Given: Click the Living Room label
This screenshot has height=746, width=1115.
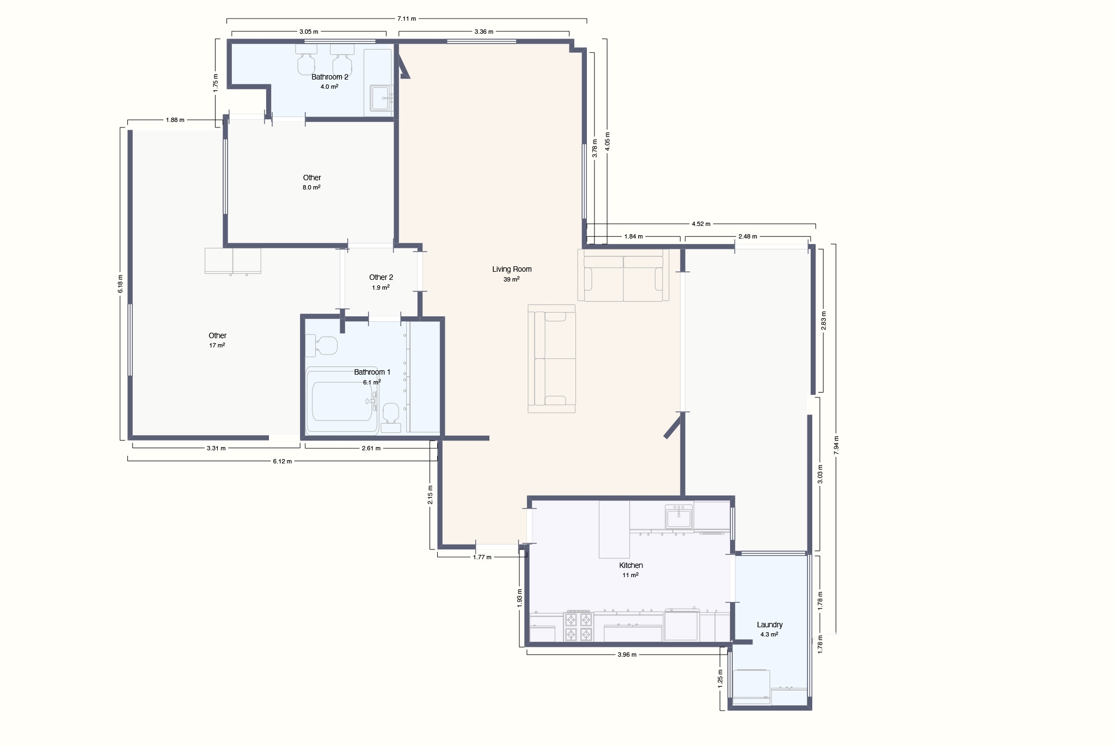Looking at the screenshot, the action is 512,269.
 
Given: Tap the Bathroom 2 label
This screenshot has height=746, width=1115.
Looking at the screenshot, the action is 330,77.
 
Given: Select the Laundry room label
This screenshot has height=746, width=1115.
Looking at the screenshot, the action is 770,625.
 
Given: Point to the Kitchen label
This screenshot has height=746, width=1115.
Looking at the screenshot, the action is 631,565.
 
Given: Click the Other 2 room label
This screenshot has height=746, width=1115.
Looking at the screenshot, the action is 381,277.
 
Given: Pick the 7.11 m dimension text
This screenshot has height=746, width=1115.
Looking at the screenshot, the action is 407,19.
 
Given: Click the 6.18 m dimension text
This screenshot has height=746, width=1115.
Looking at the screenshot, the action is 120,284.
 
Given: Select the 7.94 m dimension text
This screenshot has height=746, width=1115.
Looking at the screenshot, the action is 836,445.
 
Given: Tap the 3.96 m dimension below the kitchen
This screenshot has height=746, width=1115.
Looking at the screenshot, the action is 627,655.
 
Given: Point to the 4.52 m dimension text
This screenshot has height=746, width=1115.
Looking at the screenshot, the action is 701,224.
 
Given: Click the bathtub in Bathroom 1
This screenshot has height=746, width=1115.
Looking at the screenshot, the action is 342,401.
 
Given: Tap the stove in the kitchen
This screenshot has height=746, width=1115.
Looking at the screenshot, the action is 578,626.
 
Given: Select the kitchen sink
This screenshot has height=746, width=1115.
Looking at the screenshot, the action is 679,516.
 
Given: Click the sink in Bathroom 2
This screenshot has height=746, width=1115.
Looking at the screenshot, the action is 382,98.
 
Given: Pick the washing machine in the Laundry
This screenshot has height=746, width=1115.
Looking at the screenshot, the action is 751,687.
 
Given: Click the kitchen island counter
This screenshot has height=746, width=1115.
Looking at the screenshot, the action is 614,529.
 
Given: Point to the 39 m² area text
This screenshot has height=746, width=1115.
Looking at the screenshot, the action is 512,279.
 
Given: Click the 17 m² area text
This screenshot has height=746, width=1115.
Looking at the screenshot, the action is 217,345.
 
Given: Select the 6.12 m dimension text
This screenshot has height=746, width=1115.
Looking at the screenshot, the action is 282,461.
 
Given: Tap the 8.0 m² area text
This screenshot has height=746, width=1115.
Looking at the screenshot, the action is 311,187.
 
